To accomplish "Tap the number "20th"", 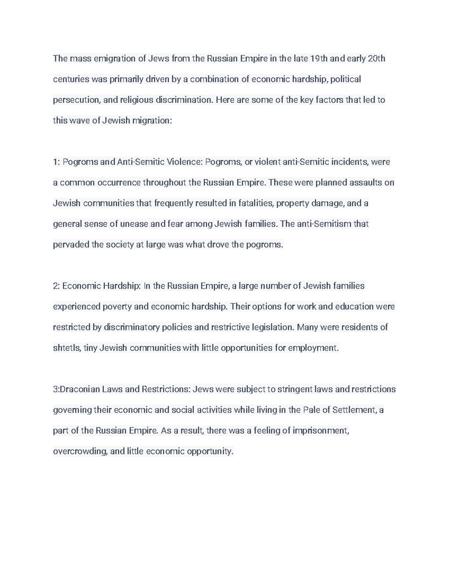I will tap(376, 59).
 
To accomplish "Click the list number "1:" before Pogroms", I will tap(56, 162).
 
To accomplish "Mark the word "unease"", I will tap(133, 224).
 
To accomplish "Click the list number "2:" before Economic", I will tap(56, 286).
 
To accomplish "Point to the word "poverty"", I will tap(117, 306).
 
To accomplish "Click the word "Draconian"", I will tap(78, 389).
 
